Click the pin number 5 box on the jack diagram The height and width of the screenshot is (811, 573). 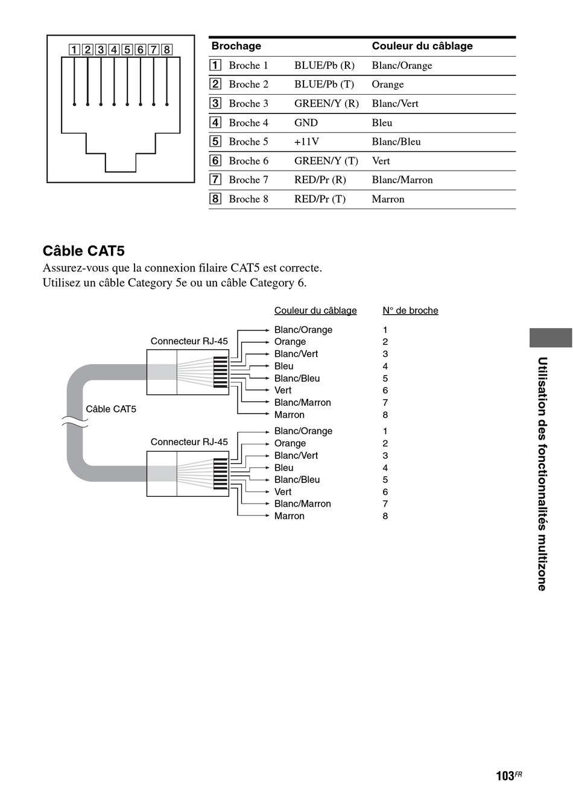(x=127, y=49)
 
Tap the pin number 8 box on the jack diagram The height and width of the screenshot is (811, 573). (x=167, y=49)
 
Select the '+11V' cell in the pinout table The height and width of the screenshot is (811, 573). (x=306, y=142)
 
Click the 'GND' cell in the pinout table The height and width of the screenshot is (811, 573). (x=306, y=122)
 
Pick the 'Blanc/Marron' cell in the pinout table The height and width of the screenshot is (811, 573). (x=402, y=180)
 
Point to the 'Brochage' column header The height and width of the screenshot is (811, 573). (x=236, y=46)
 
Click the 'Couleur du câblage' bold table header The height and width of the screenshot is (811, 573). (x=422, y=46)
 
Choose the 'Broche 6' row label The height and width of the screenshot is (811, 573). (x=249, y=161)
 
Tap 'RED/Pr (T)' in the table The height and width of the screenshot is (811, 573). (x=320, y=199)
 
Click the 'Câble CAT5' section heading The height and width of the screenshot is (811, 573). (x=83, y=251)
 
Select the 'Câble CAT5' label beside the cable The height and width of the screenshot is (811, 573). (x=111, y=409)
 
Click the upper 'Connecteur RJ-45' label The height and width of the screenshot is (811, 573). (x=189, y=341)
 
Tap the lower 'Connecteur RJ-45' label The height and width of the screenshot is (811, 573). (x=189, y=442)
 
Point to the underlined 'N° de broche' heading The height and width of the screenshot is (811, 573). (x=410, y=311)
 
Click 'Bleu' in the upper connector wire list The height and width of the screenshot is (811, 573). (x=283, y=366)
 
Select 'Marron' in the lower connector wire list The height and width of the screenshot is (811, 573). (x=289, y=516)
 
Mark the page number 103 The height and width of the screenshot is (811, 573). (x=505, y=776)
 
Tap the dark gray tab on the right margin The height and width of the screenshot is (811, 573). (x=550, y=338)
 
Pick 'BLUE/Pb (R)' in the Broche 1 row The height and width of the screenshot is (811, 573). (x=324, y=66)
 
